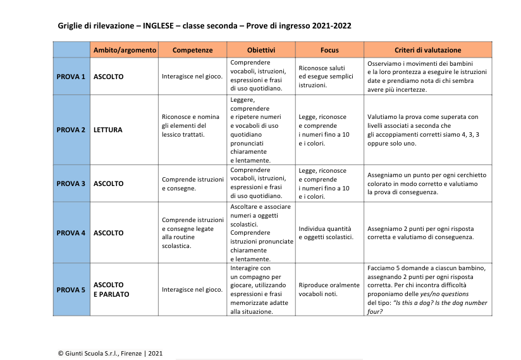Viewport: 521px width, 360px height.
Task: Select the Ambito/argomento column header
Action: click(123, 50)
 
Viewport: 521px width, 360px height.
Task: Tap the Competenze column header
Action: click(192, 50)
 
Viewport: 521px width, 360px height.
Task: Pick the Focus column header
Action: click(329, 50)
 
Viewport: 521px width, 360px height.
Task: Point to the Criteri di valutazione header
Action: click(427, 50)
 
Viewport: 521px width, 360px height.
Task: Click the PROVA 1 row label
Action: click(71, 77)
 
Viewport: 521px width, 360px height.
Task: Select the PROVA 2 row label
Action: click(71, 130)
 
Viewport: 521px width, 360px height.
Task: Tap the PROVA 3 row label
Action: click(71, 183)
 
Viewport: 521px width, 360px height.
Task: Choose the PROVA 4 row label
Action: click(71, 233)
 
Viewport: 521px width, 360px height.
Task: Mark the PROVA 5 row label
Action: click(71, 290)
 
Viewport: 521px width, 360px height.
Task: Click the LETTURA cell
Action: click(108, 130)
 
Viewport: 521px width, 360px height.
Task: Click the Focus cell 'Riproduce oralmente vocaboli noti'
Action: click(328, 290)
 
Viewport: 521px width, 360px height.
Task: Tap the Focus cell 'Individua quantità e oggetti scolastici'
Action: click(326, 233)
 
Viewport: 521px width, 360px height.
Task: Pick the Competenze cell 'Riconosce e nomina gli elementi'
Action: click(191, 125)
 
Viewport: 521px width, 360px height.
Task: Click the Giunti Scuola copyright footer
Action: click(110, 353)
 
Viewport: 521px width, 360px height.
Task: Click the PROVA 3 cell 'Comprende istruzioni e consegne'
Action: click(192, 183)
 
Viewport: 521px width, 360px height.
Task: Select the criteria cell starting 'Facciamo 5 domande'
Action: click(427, 289)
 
